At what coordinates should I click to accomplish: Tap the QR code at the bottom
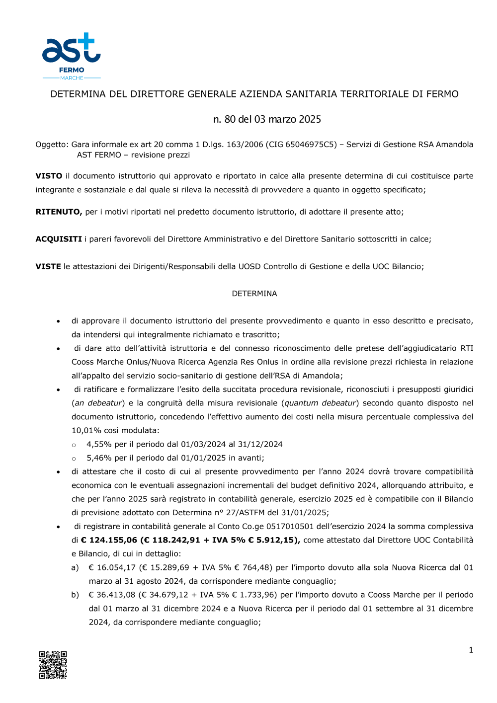pos(53,665)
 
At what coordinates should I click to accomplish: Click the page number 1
pos(471,650)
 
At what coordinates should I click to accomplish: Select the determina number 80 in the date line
pos(230,119)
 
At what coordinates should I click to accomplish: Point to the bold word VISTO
pos(49,176)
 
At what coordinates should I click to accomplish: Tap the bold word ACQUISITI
pos(59,239)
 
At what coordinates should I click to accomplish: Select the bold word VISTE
pos(48,266)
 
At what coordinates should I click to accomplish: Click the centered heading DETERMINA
pos(254,294)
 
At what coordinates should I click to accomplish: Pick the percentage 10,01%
pos(86,430)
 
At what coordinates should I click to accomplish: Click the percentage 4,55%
pos(99,444)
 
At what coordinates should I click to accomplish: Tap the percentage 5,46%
pos(99,458)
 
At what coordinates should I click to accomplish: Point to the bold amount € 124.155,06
pos(109,540)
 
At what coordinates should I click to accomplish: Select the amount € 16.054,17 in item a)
pos(112,567)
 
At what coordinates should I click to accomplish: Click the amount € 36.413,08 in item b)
pos(112,595)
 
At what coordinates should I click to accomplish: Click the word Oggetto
pos(51,145)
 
